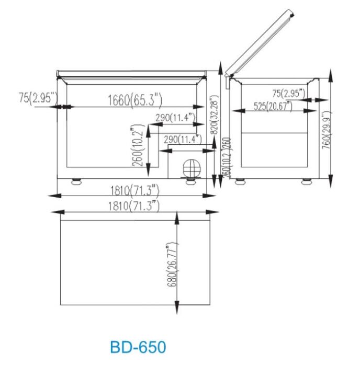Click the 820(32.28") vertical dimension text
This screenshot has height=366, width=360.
[213, 115]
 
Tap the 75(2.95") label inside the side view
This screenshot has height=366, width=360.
[290, 94]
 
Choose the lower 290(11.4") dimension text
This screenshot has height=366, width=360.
[183, 140]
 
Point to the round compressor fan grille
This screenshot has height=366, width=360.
[192, 167]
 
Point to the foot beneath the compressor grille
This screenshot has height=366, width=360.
[189, 181]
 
